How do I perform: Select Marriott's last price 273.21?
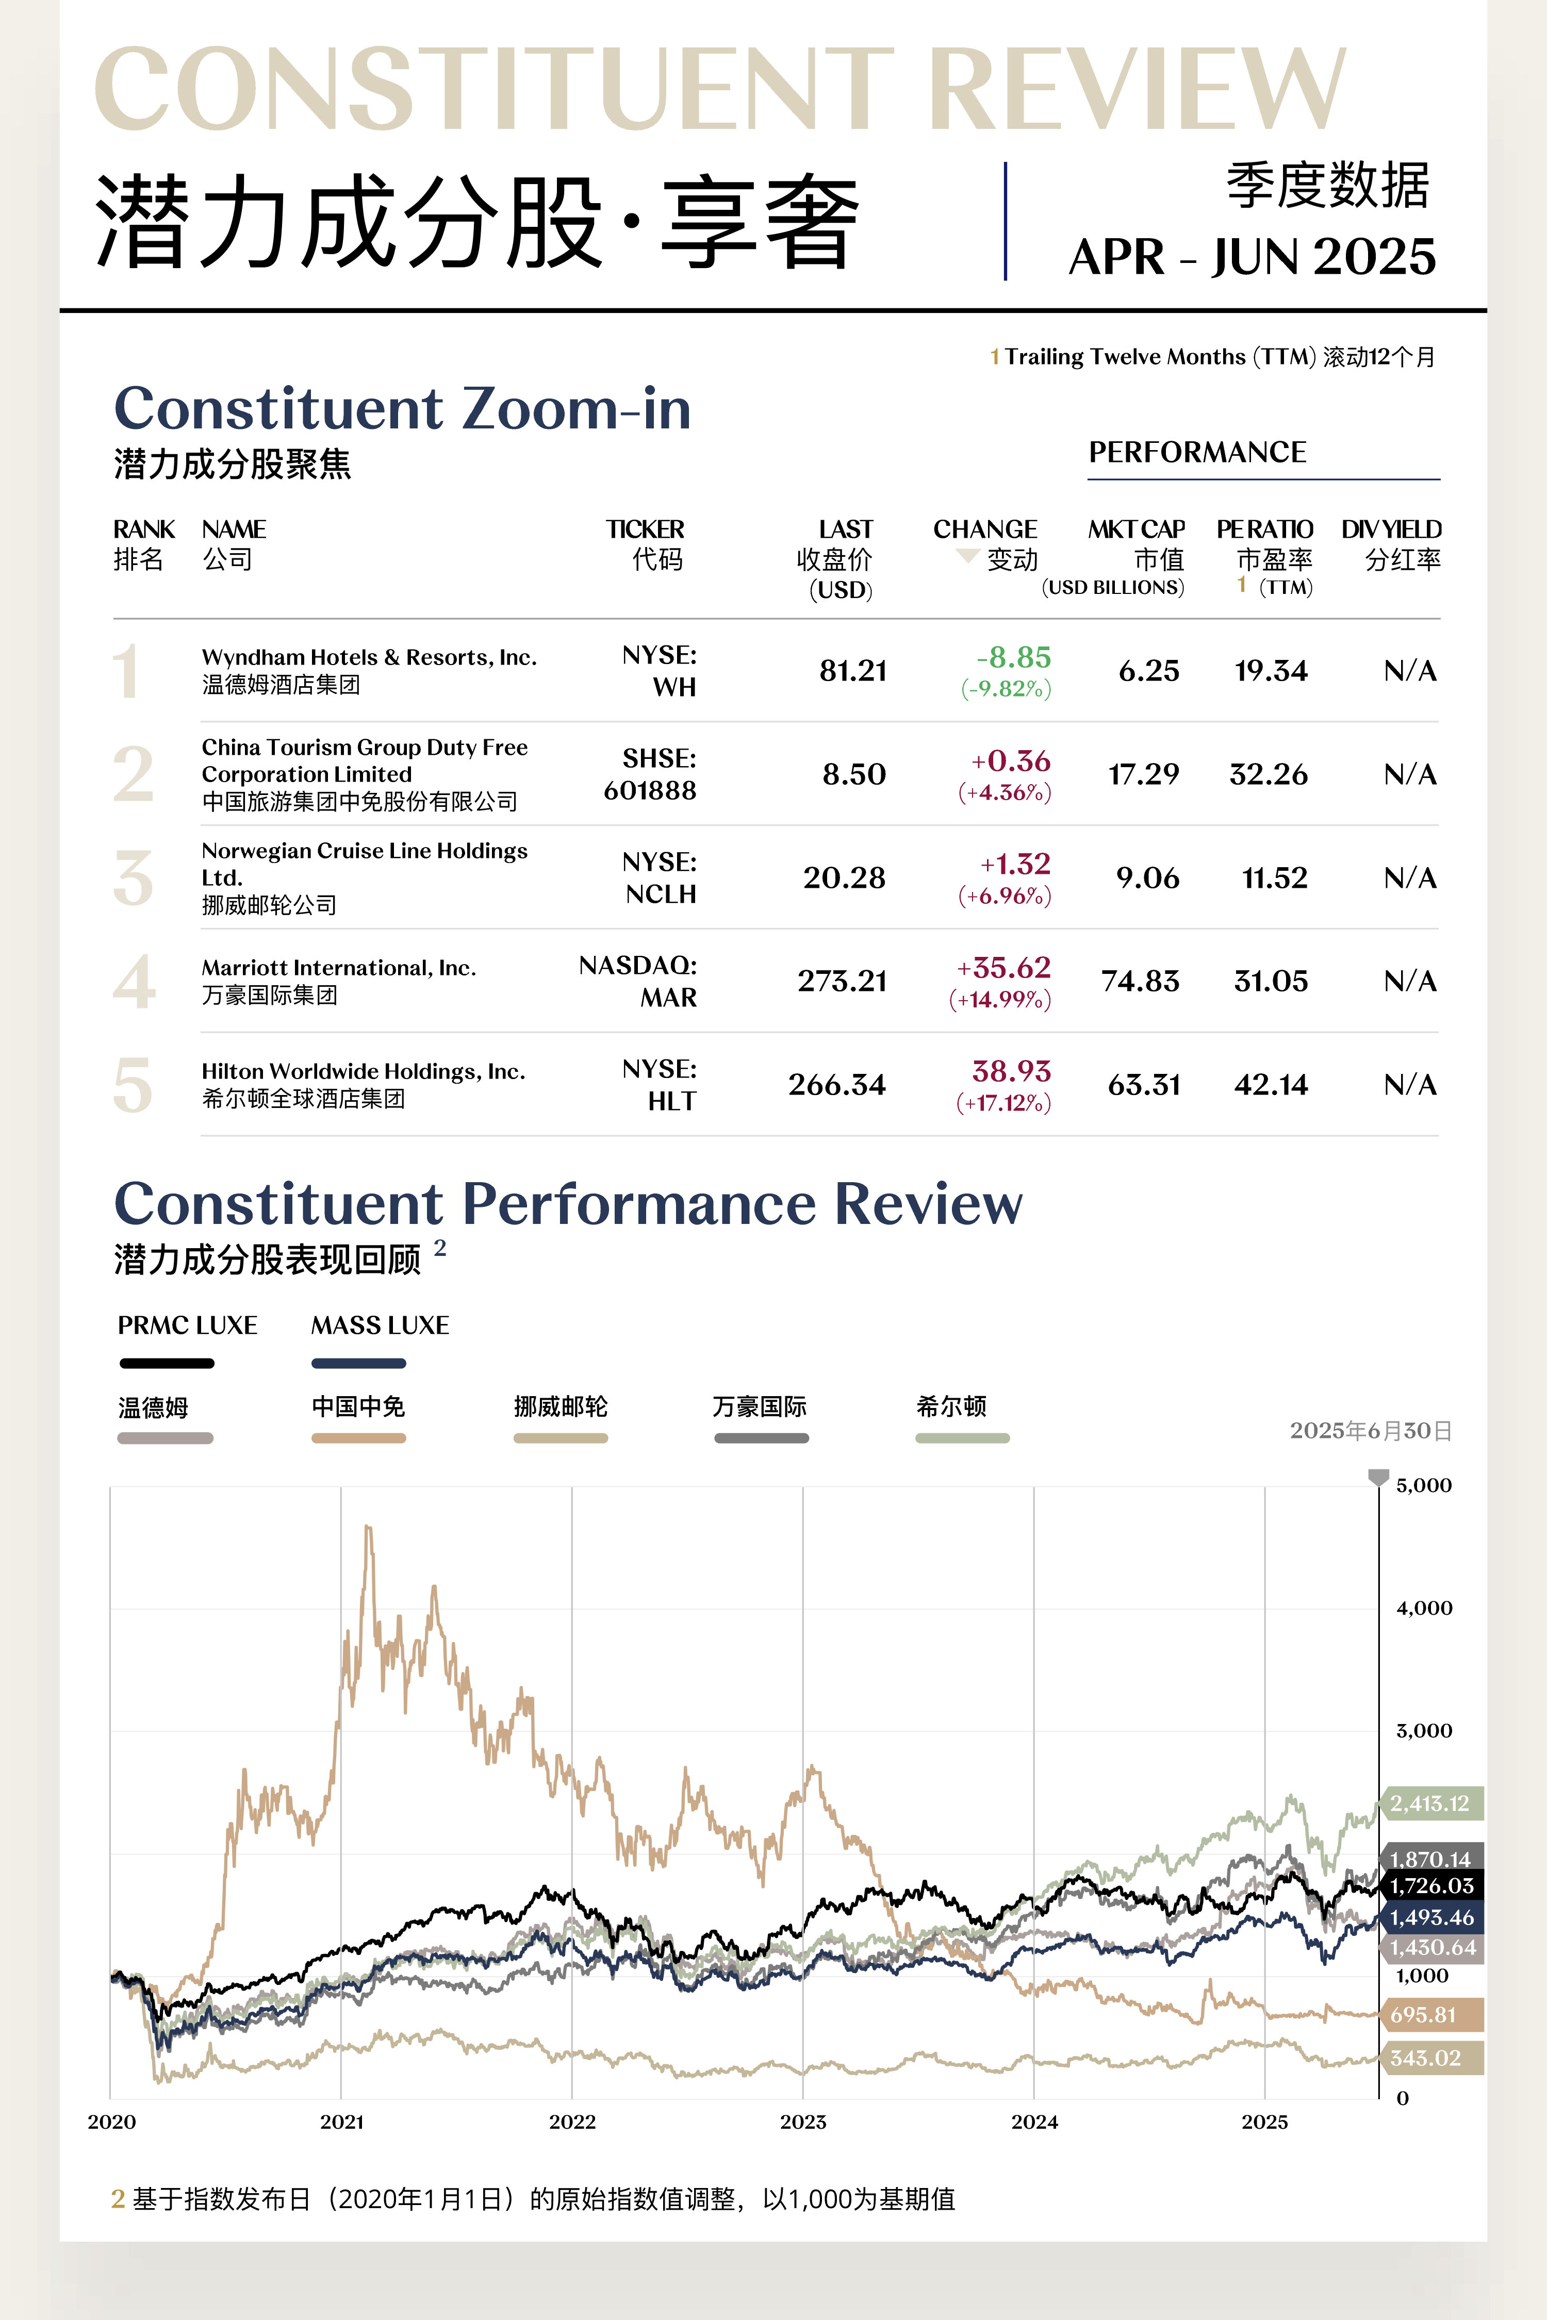point(842,982)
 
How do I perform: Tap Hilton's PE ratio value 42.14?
point(1271,1085)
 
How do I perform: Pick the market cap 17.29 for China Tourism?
point(1143,774)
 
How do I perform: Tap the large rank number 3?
point(133,878)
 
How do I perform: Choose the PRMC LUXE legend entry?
point(188,1325)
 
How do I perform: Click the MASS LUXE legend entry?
point(380,1325)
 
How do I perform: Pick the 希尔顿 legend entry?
point(951,1406)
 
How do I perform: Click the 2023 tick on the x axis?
point(803,2122)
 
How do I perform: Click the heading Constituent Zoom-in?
point(403,408)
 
